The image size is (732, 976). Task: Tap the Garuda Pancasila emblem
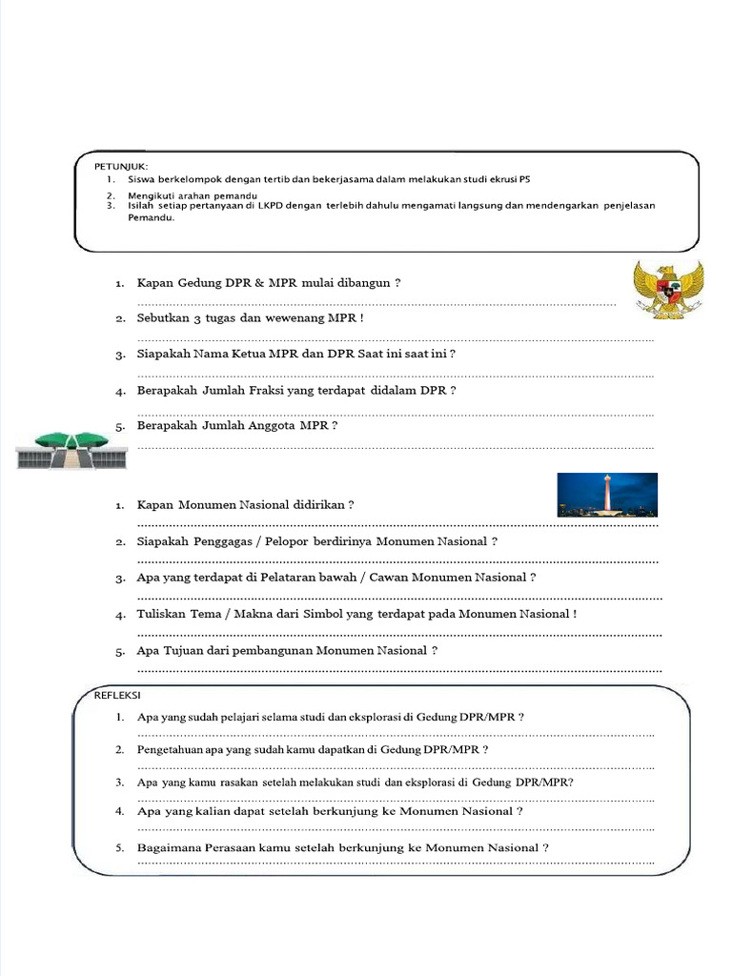pos(669,289)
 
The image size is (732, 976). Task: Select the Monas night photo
pos(607,495)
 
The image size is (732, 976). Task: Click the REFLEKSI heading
pos(115,695)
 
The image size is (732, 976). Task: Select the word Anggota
pos(271,426)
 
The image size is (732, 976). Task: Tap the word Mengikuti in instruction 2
pos(151,194)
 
